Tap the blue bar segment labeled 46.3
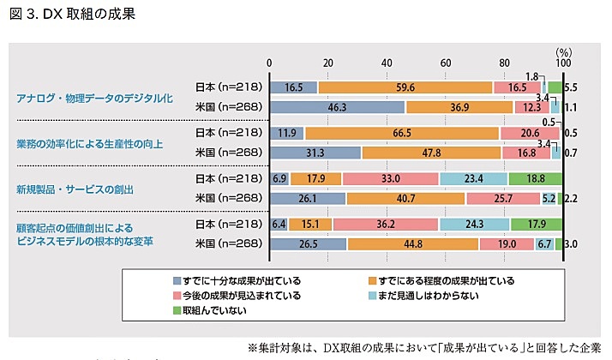coord(337,107)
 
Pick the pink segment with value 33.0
coord(392,179)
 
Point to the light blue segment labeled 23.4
coord(474,179)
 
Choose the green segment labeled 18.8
coord(535,179)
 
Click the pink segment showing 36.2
coord(386,225)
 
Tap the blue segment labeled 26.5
coord(308,244)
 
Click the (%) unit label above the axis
coord(563,51)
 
